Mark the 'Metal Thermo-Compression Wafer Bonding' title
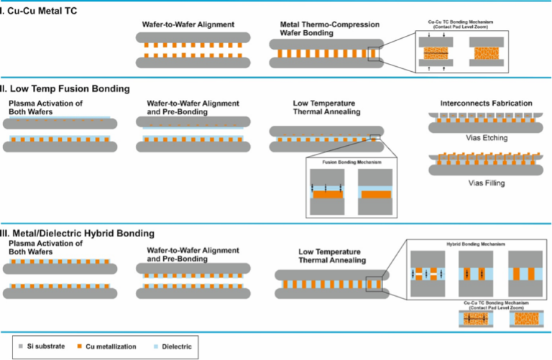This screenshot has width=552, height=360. pyautogui.click(x=319, y=29)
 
